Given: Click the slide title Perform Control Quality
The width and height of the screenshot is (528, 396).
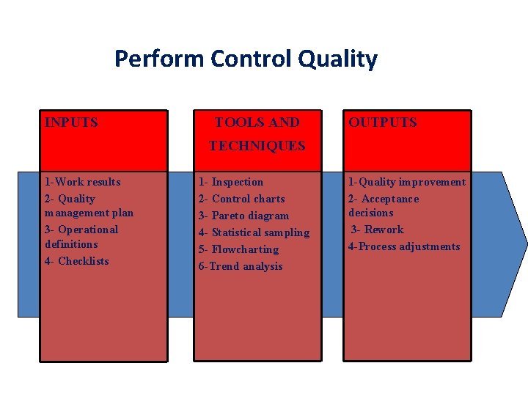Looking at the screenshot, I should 246,59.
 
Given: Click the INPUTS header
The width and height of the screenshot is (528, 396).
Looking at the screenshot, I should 71,122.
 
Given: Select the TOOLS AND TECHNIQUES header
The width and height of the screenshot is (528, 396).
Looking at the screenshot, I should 257,134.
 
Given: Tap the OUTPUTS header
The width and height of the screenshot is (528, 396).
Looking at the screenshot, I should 382,122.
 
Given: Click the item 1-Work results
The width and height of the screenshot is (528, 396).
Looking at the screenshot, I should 82,182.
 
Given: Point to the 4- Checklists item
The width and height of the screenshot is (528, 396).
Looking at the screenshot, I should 76,261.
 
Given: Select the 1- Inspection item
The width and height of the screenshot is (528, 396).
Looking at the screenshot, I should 231,182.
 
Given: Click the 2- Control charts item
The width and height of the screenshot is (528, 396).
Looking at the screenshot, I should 241,199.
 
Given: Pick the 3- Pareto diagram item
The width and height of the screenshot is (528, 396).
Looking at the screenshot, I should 243,216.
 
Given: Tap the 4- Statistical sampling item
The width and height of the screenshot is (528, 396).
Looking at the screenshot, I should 254,232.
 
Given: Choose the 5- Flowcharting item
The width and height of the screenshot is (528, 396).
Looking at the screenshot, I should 238,249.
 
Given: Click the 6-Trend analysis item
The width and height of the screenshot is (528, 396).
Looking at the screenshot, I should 241,266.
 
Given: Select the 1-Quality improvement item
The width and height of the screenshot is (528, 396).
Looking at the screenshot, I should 407,182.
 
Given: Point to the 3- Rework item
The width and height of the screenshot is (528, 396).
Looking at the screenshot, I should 377,230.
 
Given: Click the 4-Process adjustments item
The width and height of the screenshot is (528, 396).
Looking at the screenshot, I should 404,246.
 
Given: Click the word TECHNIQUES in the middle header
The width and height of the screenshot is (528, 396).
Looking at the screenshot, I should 257,146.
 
